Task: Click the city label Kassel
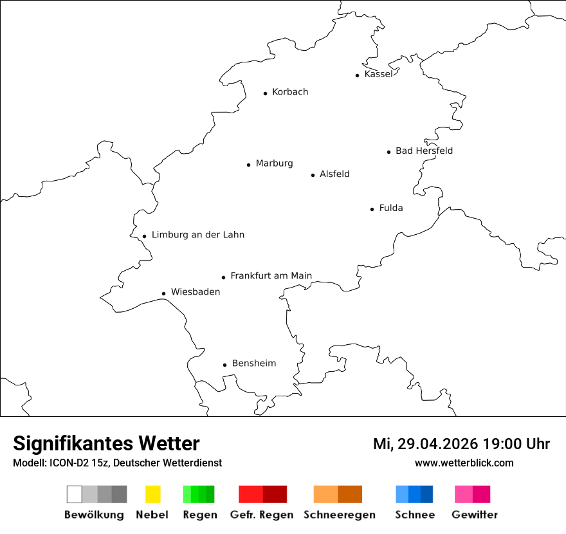378,74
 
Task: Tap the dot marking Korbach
265,93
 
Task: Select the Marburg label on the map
274,163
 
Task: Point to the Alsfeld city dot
313,175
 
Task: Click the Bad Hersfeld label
424,151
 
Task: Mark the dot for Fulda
372,209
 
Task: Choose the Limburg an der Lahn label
197,235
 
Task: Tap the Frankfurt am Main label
271,276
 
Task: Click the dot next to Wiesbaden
164,293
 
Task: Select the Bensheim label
253,364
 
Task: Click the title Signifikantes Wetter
106,443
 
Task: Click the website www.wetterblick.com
464,463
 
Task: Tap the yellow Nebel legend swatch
152,494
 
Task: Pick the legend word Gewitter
474,515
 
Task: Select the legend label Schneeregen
339,515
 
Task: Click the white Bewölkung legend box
75,494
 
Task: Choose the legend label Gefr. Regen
261,515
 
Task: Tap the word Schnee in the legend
414,515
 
